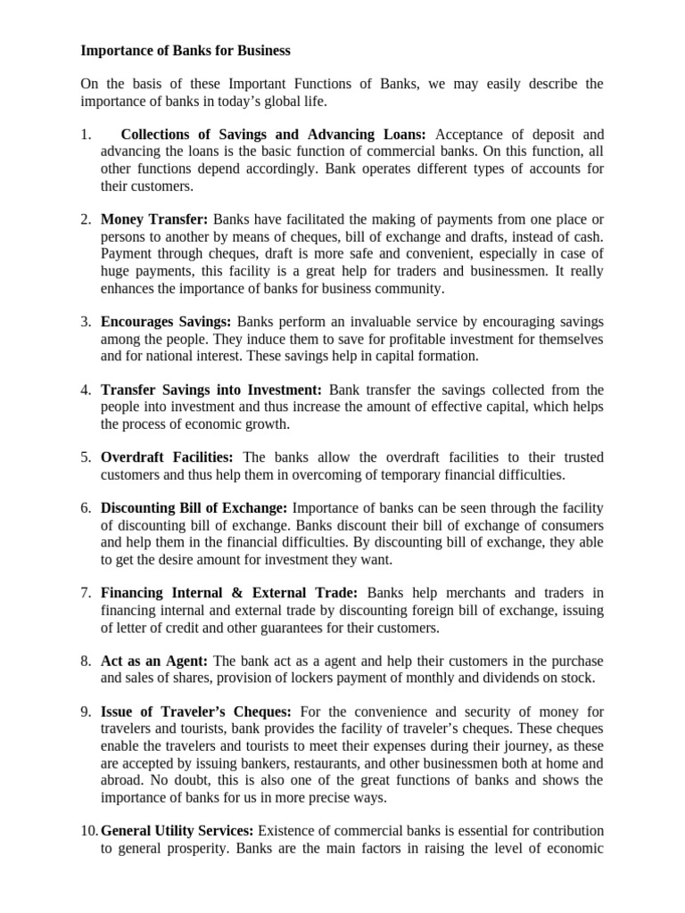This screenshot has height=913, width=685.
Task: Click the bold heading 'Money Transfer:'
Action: [x=154, y=218]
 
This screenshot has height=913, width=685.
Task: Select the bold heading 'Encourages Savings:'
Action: [x=166, y=322]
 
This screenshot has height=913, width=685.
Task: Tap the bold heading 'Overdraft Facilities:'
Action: [x=168, y=457]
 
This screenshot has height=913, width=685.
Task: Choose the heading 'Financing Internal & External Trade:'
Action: [x=229, y=592]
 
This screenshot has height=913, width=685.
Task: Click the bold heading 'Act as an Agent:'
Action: [x=154, y=661]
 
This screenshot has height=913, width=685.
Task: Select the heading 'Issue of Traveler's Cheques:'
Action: [x=196, y=711]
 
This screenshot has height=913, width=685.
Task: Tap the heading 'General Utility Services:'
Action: [x=178, y=830]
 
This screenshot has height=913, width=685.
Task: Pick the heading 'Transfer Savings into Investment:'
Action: [x=211, y=390]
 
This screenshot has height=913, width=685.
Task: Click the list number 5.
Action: [x=87, y=457]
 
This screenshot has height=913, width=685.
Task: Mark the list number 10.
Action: [x=89, y=830]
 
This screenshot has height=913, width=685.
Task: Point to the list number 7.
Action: [x=87, y=592]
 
